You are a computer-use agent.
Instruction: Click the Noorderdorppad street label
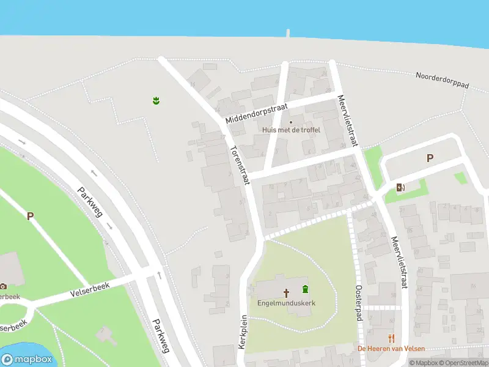pos(442,81)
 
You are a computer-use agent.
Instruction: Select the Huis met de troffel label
pos(287,130)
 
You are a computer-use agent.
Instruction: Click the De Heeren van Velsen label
pos(391,349)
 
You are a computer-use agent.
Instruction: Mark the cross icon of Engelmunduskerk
pos(285,292)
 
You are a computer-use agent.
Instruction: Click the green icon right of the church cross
pos(305,289)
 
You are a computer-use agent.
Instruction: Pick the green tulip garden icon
pos(156,100)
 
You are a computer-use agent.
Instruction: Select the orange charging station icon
pos(400,187)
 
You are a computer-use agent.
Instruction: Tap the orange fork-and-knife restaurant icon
pos(391,338)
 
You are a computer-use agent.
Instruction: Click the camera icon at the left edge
pos(3,286)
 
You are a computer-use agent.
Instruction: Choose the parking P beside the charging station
pos(430,158)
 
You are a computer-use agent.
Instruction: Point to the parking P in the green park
pos(30,215)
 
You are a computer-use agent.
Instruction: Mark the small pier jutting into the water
pos(287,32)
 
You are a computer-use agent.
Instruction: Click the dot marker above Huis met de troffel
pos(291,122)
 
